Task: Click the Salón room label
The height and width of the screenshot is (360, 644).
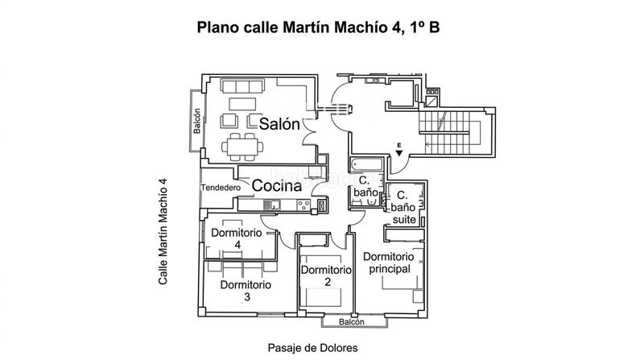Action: click(279, 124)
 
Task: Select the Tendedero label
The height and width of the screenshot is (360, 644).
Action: click(221, 188)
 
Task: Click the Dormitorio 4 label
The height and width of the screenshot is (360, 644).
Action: click(237, 238)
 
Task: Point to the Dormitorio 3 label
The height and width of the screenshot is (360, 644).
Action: click(246, 291)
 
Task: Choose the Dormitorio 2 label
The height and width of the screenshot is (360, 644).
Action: click(327, 275)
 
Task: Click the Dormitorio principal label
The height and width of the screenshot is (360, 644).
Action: click(389, 263)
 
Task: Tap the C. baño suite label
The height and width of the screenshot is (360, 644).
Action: click(403, 207)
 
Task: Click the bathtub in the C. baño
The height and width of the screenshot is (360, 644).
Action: click(366, 165)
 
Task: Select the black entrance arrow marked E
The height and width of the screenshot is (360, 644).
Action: click(398, 153)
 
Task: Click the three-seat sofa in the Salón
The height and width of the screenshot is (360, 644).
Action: click(242, 86)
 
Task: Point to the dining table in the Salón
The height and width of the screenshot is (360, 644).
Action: click(242, 147)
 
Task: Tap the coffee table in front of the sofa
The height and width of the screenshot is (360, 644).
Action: click(242, 104)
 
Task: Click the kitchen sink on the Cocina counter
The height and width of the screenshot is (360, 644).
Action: click(271, 205)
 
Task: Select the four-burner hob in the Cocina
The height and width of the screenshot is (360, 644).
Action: click(303, 205)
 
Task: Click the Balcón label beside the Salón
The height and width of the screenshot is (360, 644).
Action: click(197, 121)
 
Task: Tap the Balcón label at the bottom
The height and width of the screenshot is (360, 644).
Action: click(352, 322)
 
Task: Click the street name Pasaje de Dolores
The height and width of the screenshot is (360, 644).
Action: click(312, 348)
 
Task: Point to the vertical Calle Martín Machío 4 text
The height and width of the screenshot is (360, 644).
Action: click(163, 231)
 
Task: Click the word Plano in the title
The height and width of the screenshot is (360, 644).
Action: click(218, 27)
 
